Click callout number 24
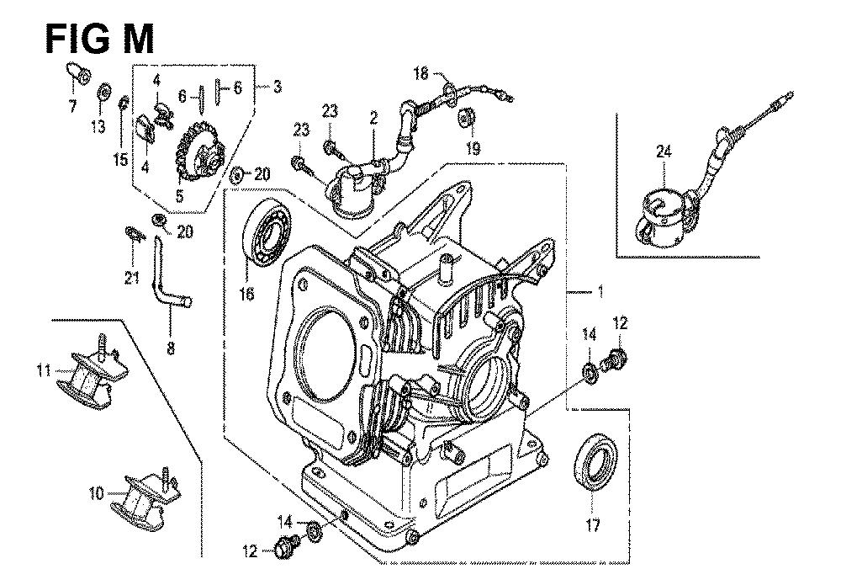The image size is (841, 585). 664,152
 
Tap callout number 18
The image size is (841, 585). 421,73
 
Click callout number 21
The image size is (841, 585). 131,279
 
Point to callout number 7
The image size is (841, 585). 72,106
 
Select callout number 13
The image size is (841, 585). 98,126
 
